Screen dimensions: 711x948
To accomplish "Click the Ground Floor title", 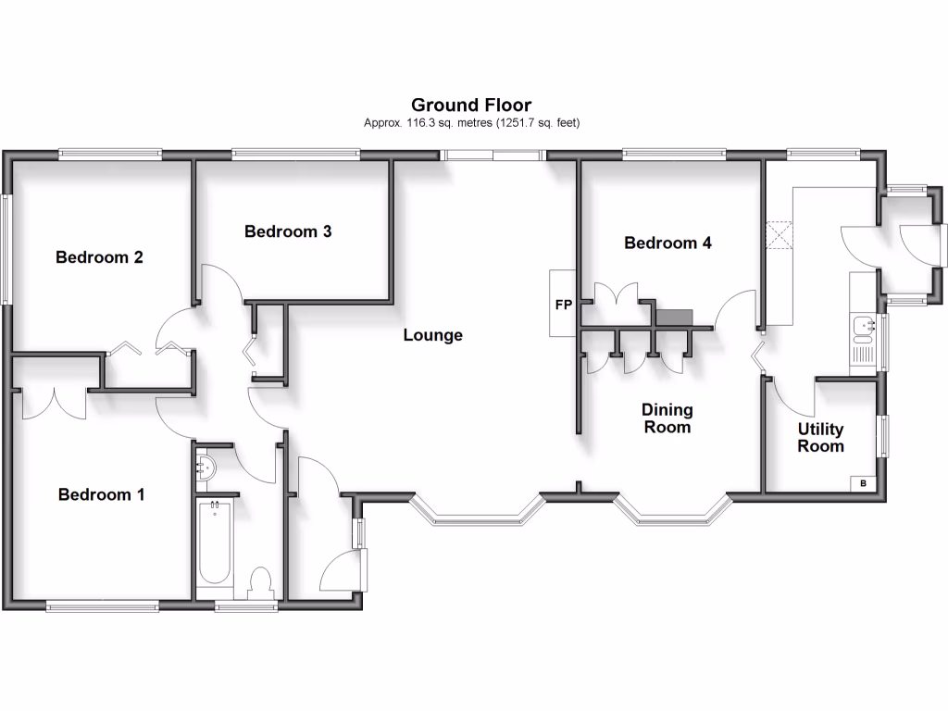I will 471,106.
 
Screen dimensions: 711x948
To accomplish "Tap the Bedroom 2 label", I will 99,257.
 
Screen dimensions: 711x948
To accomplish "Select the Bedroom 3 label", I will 288,231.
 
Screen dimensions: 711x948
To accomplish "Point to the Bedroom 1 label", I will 101,494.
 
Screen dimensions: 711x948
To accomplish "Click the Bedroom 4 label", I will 667,243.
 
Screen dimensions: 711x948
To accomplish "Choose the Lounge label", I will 432,335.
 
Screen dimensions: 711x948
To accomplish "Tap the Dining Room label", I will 667,418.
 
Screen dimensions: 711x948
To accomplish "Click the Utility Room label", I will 821,438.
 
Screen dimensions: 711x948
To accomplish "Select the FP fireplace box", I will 563,304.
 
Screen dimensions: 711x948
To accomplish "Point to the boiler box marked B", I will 864,483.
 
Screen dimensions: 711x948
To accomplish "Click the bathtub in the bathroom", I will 215,543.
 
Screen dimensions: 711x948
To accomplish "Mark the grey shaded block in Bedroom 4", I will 673,318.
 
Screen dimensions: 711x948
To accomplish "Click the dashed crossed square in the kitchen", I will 780,235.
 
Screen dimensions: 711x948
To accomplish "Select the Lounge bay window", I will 476,512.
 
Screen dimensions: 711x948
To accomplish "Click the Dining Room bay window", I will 673,512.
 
